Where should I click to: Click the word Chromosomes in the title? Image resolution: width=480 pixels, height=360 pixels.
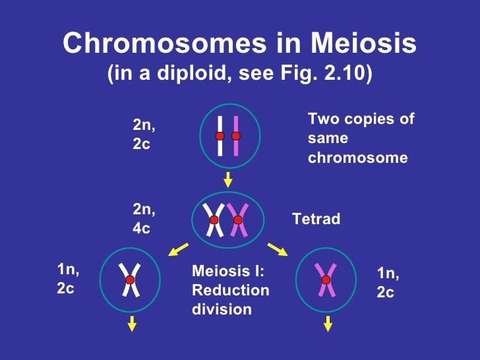click(x=155, y=45)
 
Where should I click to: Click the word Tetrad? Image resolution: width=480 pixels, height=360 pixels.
click(x=316, y=219)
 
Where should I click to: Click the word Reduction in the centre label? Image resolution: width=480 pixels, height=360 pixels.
click(x=230, y=290)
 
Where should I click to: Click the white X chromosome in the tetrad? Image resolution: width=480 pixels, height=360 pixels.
click(x=214, y=220)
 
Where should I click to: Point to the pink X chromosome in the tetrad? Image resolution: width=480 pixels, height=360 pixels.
click(x=238, y=220)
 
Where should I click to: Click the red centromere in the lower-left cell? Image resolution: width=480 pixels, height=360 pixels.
click(x=130, y=280)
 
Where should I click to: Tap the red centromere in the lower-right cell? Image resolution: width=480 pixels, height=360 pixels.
click(x=326, y=280)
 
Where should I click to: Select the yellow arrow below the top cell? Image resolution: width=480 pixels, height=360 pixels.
click(x=228, y=179)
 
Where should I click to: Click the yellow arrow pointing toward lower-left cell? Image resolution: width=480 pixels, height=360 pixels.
click(x=176, y=250)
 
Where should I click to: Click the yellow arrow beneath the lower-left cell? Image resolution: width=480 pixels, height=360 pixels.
click(x=132, y=323)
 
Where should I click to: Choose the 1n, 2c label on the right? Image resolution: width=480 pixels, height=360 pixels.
click(x=388, y=282)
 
